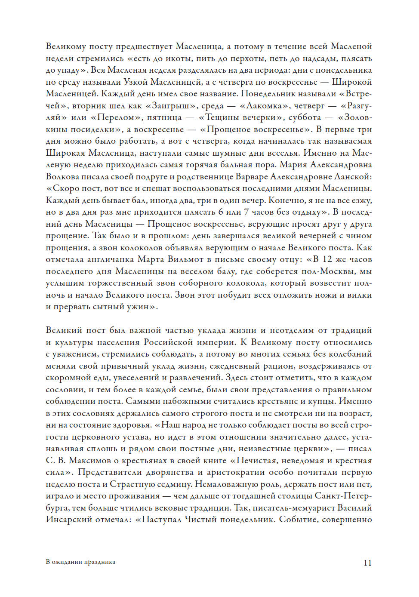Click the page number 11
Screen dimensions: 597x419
[367, 563]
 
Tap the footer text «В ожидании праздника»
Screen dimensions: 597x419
[80, 562]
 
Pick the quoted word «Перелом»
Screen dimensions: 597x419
[117, 117]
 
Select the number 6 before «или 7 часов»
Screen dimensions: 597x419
[221, 212]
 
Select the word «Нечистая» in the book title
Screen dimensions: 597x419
[256, 461]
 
